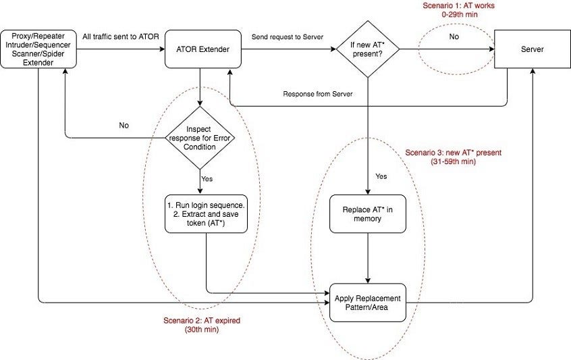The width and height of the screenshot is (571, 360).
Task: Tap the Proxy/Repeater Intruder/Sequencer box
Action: [38, 49]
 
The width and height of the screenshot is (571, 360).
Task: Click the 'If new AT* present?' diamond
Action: [367, 49]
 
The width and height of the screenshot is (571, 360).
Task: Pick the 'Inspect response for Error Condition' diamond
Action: [200, 138]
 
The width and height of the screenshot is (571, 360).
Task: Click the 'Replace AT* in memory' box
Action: [367, 213]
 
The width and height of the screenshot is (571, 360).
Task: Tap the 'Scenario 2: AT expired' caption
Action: [202, 326]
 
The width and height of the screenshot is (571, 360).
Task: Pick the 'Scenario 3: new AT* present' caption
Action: [453, 157]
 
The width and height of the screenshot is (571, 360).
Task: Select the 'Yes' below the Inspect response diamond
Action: [208, 179]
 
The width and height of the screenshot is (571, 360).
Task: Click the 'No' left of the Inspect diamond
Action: [124, 126]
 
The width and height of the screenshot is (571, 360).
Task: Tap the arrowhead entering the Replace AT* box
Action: [367, 192]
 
